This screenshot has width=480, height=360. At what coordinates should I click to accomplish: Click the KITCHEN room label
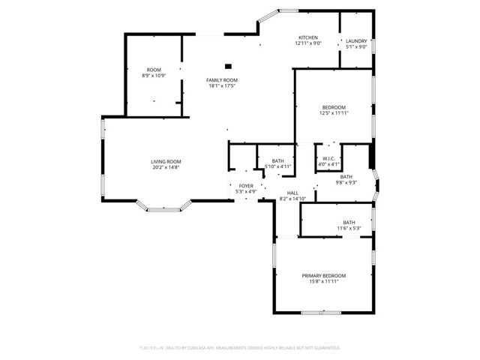pos(308,37)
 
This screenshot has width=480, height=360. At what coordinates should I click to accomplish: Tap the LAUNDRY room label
pos(356,40)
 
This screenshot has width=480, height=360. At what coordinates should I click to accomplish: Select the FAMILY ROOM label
pos(223,80)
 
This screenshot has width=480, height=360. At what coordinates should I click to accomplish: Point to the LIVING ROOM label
pos(166,161)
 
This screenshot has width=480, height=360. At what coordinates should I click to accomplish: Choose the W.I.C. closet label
pos(330,158)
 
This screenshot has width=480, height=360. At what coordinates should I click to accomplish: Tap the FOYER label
pos(246,185)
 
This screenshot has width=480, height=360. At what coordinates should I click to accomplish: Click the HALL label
pos(292,193)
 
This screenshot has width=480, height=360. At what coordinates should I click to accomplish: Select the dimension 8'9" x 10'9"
pos(154,76)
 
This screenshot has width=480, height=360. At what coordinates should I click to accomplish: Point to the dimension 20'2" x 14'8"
pos(166,167)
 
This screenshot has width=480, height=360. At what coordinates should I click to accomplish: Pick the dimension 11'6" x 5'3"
pos(349,228)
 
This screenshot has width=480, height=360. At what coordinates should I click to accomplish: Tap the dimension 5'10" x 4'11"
pos(277,166)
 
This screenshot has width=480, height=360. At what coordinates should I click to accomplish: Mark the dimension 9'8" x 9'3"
pos(346,182)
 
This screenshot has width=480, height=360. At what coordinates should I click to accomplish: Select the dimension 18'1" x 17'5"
pos(223,86)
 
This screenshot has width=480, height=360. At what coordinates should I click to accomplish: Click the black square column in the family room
pos(229,66)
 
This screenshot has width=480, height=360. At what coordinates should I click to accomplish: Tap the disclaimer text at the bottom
pos(240,348)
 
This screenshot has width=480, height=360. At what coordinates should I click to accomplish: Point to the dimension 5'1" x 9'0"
pos(356,46)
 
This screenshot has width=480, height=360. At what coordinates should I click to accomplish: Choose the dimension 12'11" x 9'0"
pos(308,43)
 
